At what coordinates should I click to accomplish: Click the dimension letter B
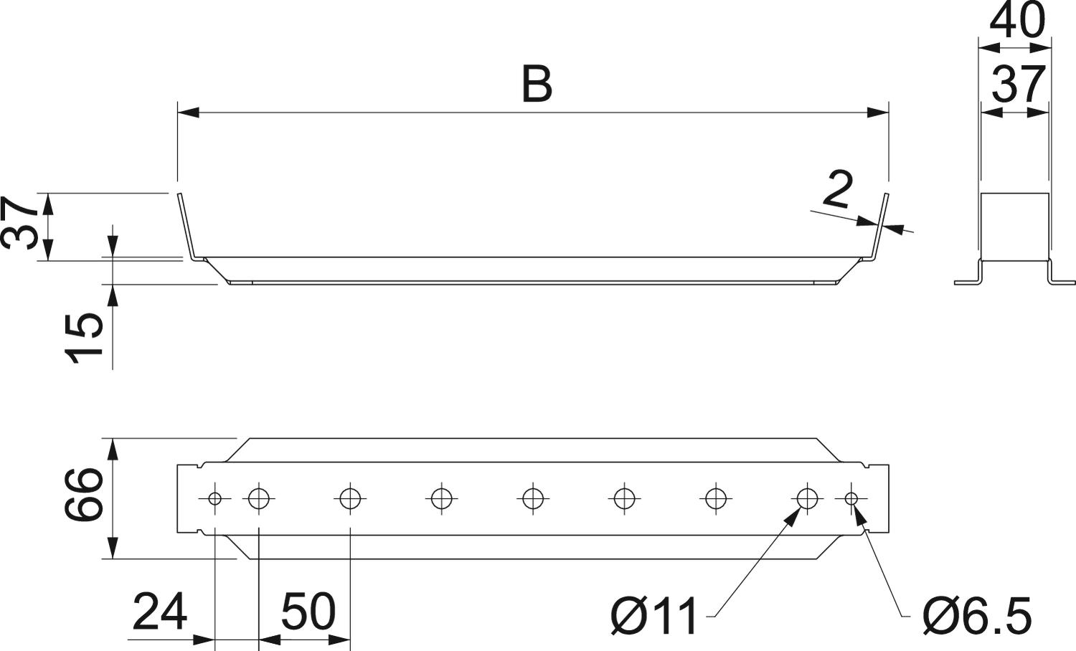coord(537,85)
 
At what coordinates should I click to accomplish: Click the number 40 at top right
coord(1016,21)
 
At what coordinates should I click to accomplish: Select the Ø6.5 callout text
coord(977,615)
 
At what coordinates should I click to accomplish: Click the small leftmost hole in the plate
coord(214,498)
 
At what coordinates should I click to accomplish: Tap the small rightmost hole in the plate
coord(851,498)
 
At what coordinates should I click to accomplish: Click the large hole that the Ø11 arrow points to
coord(807,498)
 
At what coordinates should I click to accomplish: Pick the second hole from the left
coord(258,498)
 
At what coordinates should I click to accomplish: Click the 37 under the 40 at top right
coord(1018,85)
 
